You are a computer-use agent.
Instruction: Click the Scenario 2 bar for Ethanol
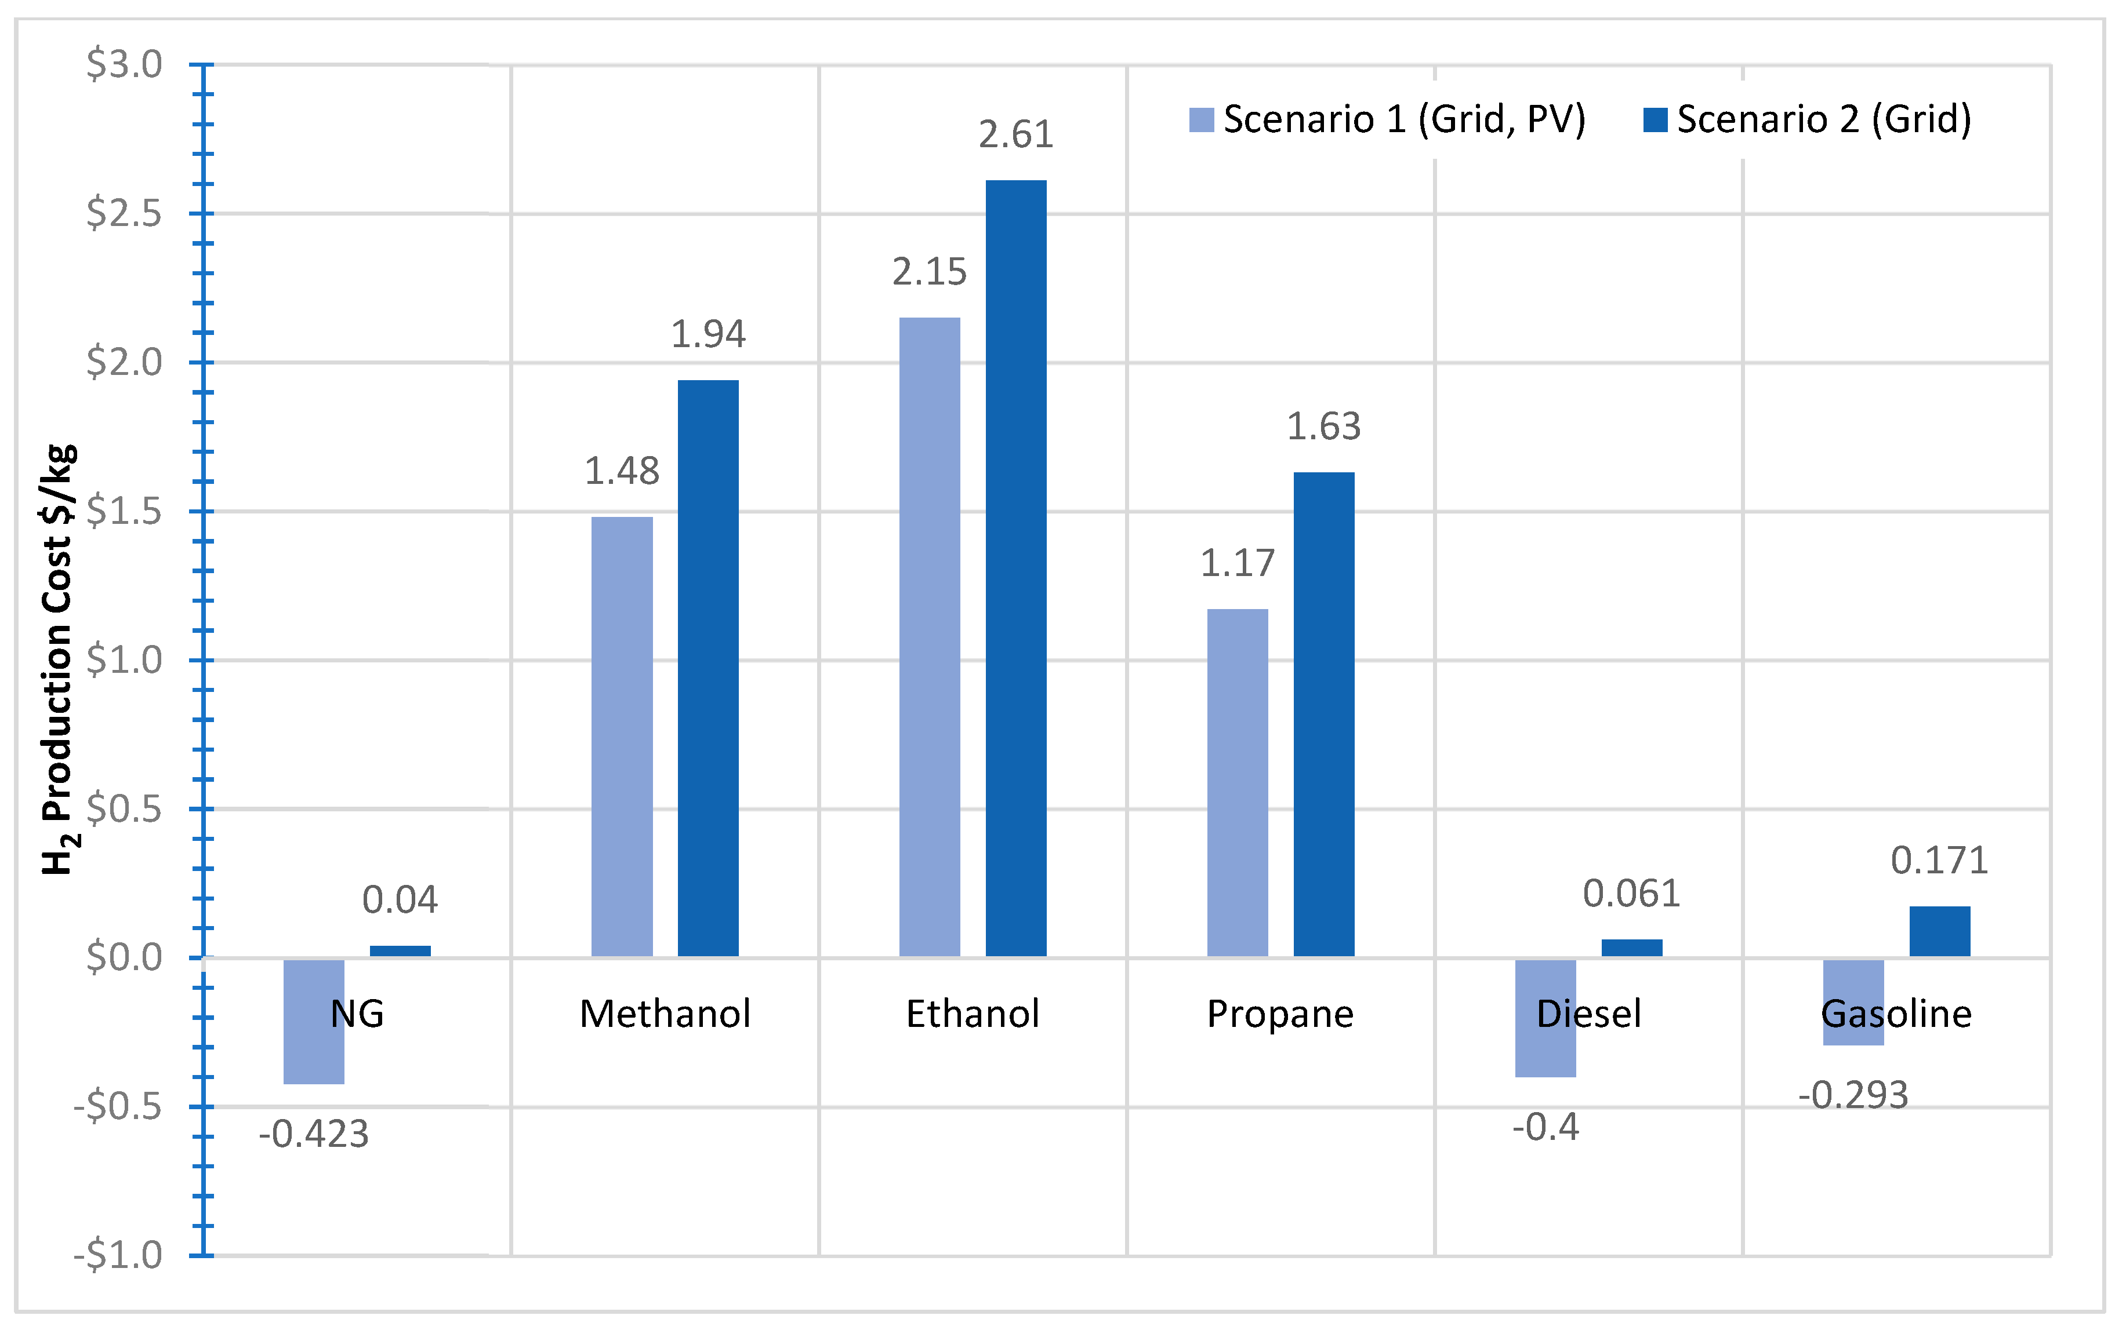click(1015, 567)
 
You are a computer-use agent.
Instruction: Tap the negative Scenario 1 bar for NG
click(313, 1021)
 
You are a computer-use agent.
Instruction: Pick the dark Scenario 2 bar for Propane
click(1323, 713)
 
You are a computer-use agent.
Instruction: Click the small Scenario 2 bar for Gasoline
click(1939, 931)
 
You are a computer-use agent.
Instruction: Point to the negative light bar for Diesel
click(1545, 1018)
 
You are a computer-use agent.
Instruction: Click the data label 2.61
click(1015, 134)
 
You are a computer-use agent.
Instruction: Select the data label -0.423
click(313, 1134)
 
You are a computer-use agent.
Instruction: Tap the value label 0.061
click(1631, 894)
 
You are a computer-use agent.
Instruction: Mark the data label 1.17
click(1237, 563)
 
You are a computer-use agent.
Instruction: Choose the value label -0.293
click(1853, 1095)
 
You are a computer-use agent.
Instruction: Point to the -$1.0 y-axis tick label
click(118, 1254)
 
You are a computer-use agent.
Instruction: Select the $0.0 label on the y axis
click(124, 957)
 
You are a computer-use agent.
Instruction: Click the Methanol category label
click(665, 1014)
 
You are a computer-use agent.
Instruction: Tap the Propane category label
click(1279, 1014)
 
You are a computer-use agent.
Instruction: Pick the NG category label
click(357, 1014)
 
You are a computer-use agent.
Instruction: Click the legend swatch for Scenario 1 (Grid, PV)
click(1201, 119)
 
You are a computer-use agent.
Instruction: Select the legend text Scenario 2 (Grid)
click(1823, 119)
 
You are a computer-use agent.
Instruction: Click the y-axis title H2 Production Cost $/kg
click(60, 659)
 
